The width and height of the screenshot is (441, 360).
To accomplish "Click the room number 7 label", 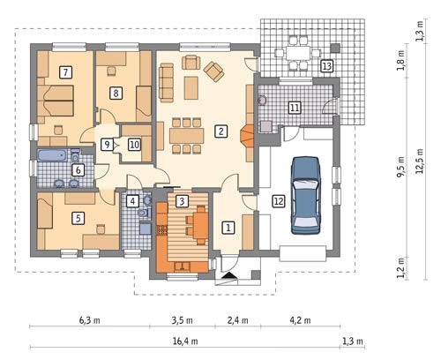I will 64,71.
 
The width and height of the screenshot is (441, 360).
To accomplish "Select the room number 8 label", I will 115,92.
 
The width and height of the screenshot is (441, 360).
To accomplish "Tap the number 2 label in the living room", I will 220,131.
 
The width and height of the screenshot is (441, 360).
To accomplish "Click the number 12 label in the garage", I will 279,201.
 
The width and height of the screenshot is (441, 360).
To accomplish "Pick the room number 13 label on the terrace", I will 326,66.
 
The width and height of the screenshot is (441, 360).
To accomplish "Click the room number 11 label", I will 294,107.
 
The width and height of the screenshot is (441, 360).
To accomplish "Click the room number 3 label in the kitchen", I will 182,201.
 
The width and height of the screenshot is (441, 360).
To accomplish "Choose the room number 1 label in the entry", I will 228,227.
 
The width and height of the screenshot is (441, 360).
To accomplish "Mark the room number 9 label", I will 107,145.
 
